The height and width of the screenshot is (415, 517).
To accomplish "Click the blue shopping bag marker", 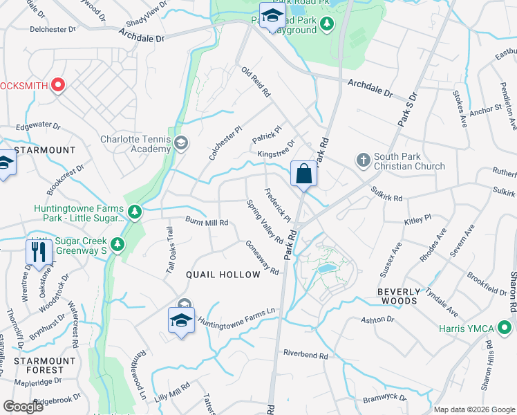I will (303, 174).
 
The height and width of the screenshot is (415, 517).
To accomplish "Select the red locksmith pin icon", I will (57, 86).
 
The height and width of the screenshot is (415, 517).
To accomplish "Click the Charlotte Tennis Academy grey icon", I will (181, 143).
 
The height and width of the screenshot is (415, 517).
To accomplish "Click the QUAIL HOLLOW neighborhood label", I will (223, 275).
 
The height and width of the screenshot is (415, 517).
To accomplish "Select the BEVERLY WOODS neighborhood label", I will (407, 296).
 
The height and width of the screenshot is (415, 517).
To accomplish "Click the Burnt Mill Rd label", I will (207, 221).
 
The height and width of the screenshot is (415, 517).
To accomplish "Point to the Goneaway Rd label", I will (262, 257).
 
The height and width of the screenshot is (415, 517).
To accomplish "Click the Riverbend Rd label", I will (305, 354).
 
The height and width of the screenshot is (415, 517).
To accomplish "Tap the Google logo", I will (23, 407).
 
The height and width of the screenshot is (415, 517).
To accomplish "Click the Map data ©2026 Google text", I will (474, 409).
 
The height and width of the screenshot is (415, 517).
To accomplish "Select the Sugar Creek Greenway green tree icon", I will (117, 244).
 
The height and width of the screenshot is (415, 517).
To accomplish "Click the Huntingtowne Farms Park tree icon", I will (135, 211).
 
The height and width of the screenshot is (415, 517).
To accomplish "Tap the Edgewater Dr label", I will (39, 127).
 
